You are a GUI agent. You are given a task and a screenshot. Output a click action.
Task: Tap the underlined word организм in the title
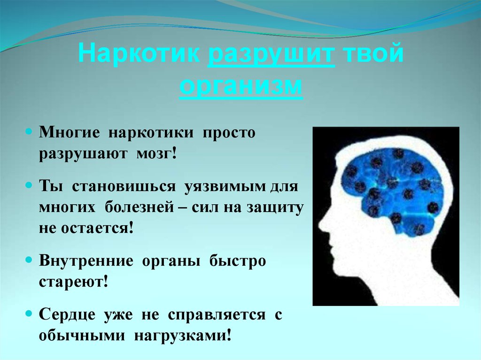pyautogui.click(x=240, y=88)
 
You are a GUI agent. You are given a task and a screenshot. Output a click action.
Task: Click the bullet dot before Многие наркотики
pyautogui.click(x=29, y=132)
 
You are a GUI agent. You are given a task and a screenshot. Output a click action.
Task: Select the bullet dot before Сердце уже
pyautogui.click(x=29, y=314)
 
